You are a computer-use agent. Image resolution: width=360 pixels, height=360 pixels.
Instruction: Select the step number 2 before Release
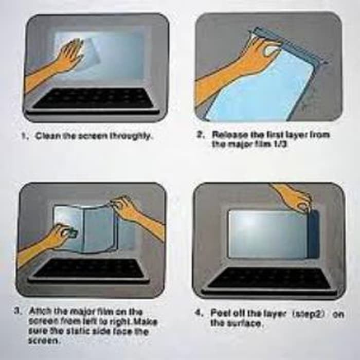pos(201,134)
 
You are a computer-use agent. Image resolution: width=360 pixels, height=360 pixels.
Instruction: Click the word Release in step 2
pos(227,134)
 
